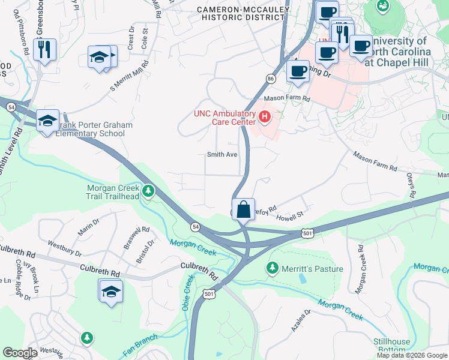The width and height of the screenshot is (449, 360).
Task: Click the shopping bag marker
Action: [x=243, y=210]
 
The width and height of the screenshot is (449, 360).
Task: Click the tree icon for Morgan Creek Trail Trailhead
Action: [x=148, y=192]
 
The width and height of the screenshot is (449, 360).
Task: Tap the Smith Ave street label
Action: [x=222, y=154]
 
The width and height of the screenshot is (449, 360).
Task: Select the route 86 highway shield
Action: [x=271, y=79]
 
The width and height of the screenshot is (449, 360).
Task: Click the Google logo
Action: [x=20, y=353]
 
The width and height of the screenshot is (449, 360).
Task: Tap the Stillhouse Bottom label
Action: [x=391, y=346]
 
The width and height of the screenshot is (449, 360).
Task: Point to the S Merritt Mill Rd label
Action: [x=129, y=76]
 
